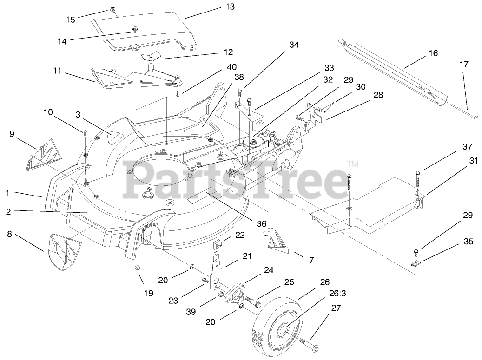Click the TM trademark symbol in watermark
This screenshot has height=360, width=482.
[x=353, y=164]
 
